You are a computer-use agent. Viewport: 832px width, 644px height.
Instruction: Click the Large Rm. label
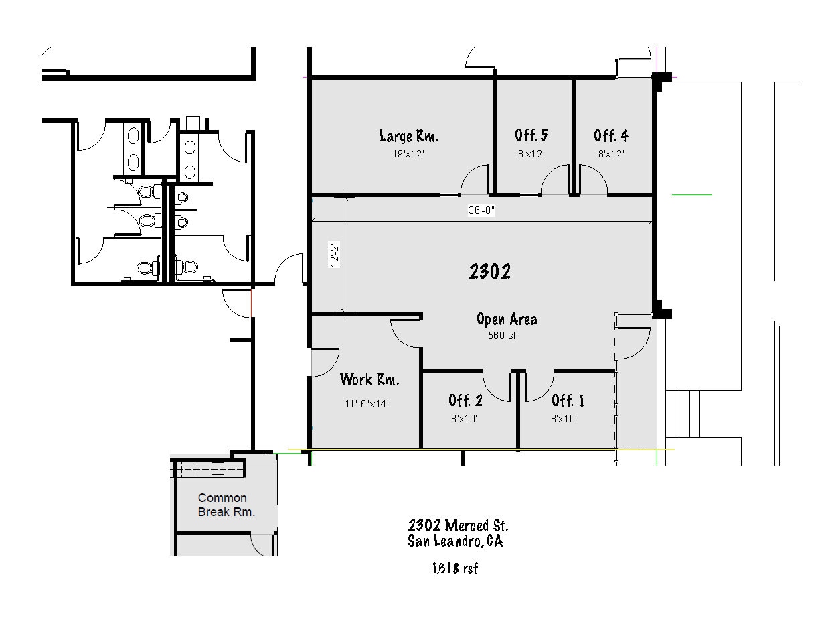[x=408, y=136]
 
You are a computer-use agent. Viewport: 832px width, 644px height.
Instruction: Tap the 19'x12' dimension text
[x=408, y=154]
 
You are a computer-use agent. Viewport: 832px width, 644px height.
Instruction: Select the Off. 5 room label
[x=531, y=135]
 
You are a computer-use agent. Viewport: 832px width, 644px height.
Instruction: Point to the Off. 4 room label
[x=610, y=135]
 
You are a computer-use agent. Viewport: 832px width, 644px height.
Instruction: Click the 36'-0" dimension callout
[x=481, y=210]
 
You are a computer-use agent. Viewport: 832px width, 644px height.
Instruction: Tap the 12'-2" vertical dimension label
[x=334, y=254]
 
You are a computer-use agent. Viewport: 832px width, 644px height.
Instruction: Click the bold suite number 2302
[x=490, y=271]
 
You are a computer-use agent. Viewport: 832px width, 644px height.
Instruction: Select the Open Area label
[x=507, y=319]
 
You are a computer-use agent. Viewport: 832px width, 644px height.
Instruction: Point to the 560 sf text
[x=501, y=336]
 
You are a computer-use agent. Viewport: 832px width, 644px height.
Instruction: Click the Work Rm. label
[x=369, y=379]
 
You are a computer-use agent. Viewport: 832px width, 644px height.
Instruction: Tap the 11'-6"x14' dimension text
[x=367, y=403]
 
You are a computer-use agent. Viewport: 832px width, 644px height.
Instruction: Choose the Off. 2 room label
[x=466, y=401]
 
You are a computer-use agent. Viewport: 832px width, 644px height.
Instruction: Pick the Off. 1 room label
[x=568, y=401]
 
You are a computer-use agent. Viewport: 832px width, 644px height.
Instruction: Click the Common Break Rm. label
[x=226, y=505]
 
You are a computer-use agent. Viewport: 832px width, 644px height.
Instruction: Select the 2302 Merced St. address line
[x=458, y=525]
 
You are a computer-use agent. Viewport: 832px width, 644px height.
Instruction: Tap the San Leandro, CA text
[x=455, y=541]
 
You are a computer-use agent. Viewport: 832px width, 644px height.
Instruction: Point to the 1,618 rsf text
[x=455, y=568]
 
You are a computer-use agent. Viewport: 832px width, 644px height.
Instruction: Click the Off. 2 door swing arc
[x=491, y=393]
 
